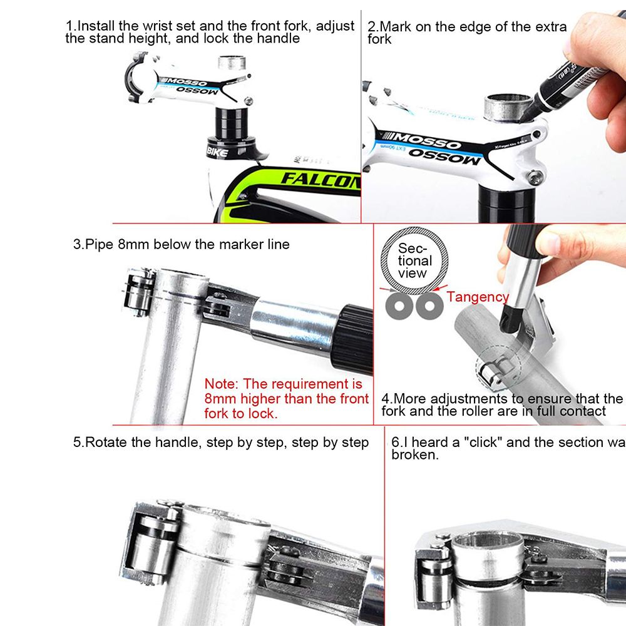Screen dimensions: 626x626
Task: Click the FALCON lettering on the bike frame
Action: click(x=320, y=178)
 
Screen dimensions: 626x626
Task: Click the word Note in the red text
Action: click(x=221, y=383)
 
